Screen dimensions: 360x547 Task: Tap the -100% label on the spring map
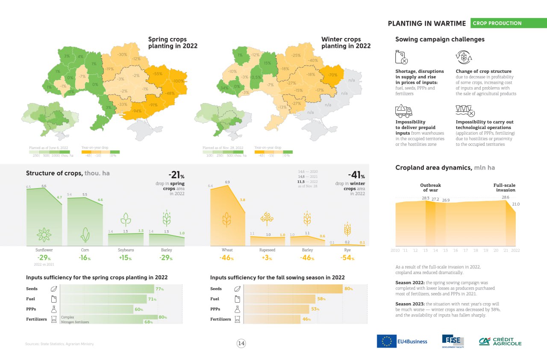click(179, 81)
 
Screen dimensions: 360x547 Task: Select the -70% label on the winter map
click(332, 75)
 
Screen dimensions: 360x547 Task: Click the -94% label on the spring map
click(137, 111)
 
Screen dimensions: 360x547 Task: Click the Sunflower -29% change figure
click(44, 258)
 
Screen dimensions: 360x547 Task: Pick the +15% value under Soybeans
click(126, 258)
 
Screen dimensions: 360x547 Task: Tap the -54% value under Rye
click(347, 258)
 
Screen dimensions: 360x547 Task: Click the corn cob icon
click(85, 235)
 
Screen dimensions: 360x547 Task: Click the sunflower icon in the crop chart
click(44, 235)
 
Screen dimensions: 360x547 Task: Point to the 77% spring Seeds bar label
click(160, 289)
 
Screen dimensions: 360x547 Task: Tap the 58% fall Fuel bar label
click(321, 299)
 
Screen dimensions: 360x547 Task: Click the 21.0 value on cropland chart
click(516, 204)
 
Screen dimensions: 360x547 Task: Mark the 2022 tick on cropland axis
click(515, 251)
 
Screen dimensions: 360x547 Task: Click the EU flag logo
click(387, 341)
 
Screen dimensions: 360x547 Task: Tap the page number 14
click(241, 343)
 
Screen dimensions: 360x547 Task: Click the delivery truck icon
click(403, 111)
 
